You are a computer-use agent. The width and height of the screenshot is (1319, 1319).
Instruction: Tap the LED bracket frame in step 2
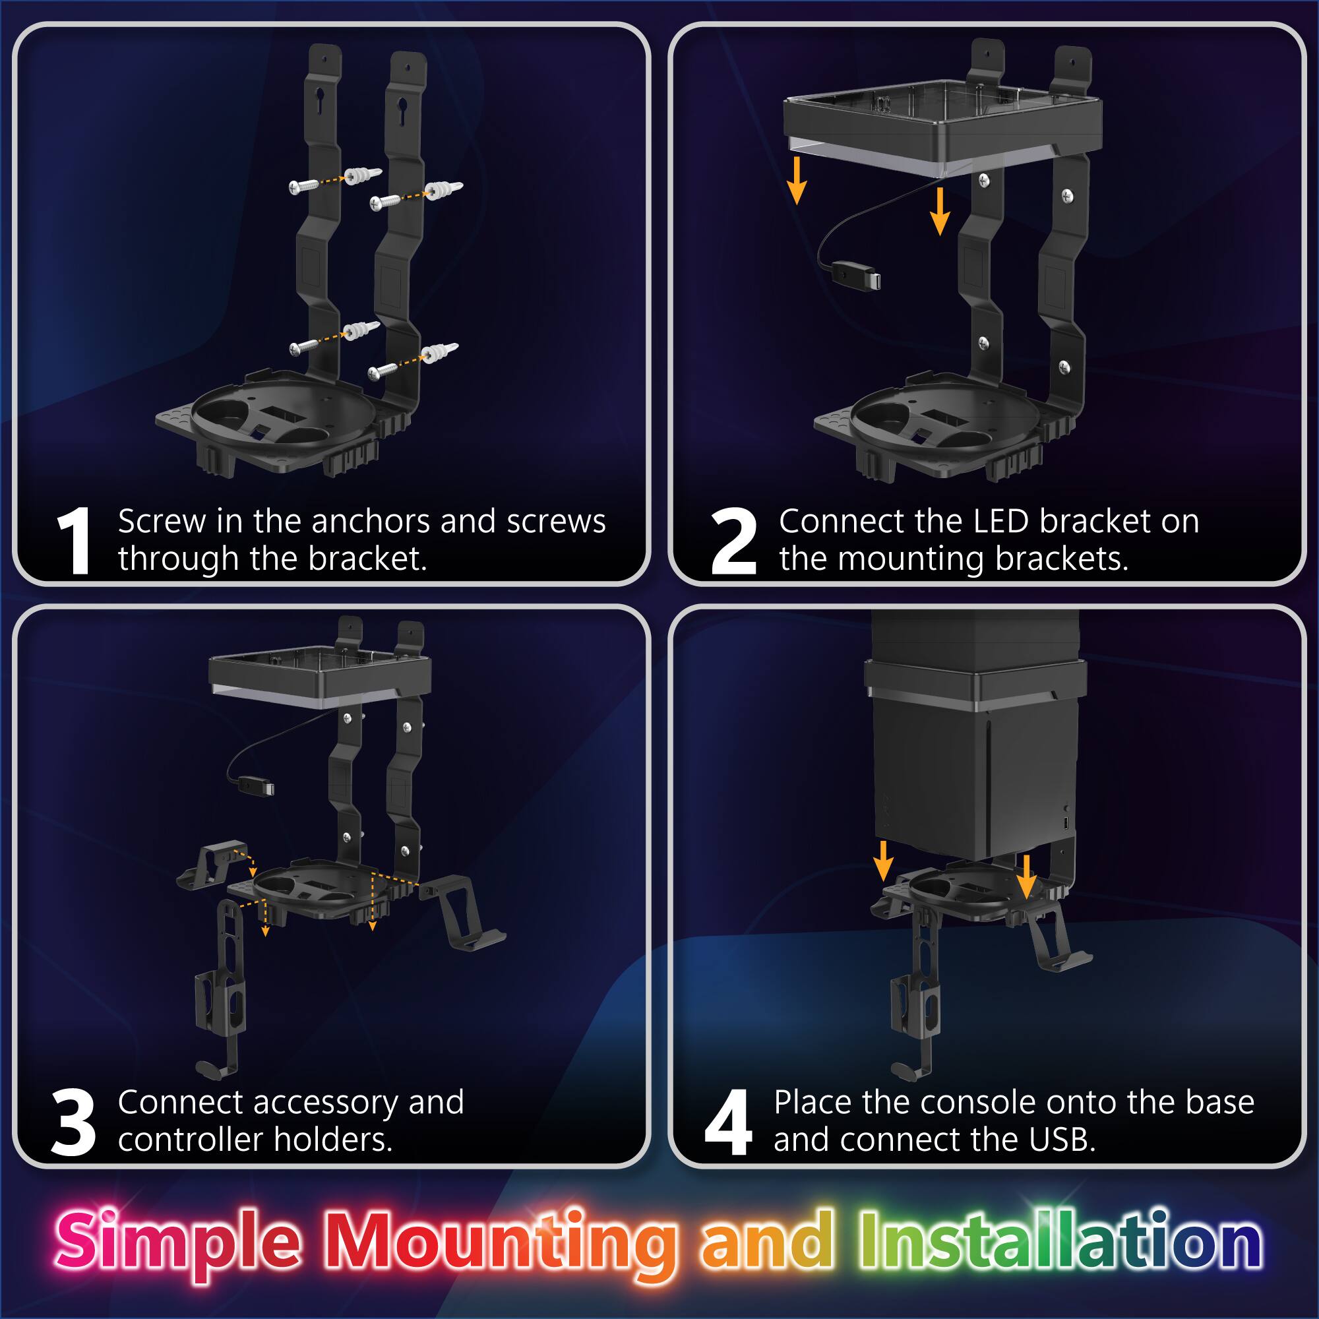point(942,127)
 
